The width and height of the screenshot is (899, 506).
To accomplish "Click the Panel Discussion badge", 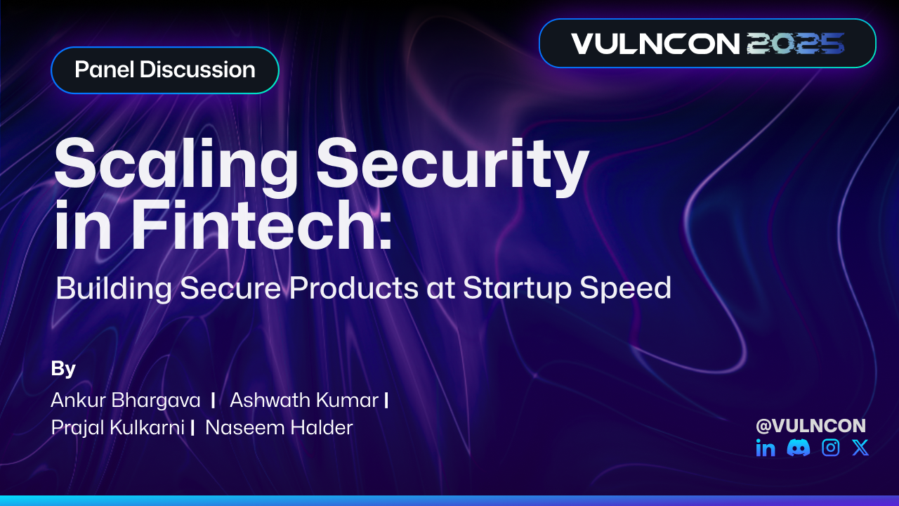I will point(165,70).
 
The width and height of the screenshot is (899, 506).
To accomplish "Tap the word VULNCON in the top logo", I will point(655,44).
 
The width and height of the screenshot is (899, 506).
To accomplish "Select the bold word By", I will point(63,368).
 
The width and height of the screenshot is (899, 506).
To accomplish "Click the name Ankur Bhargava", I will point(126,401).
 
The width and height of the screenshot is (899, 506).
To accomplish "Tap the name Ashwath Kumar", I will point(304,401).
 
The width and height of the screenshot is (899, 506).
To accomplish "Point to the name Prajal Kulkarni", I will point(117,427).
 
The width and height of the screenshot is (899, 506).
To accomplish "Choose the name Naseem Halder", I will point(279,427).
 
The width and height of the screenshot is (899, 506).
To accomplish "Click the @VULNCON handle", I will point(811,425).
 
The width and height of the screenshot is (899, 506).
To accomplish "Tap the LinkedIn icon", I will point(766,448).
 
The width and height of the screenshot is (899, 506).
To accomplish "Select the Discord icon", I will point(799,448).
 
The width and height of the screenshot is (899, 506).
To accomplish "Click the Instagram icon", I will point(831,448).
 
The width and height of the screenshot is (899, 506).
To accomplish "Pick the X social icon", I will point(860,448).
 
